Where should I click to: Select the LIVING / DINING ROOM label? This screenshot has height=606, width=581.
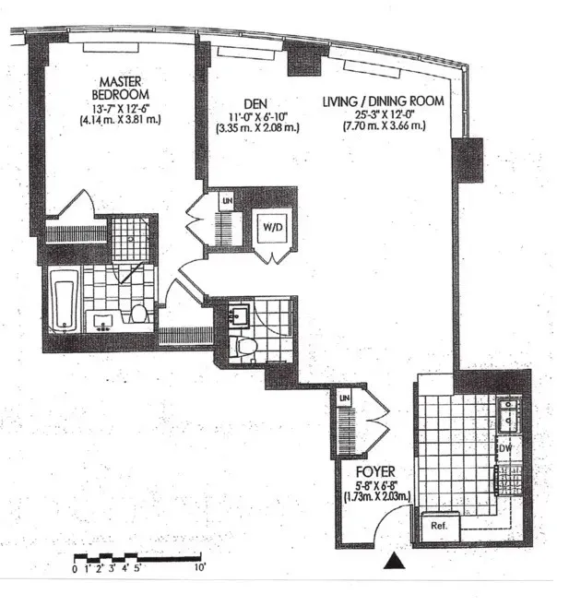pos(383,101)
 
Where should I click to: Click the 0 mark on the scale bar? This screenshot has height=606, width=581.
pos(75,568)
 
